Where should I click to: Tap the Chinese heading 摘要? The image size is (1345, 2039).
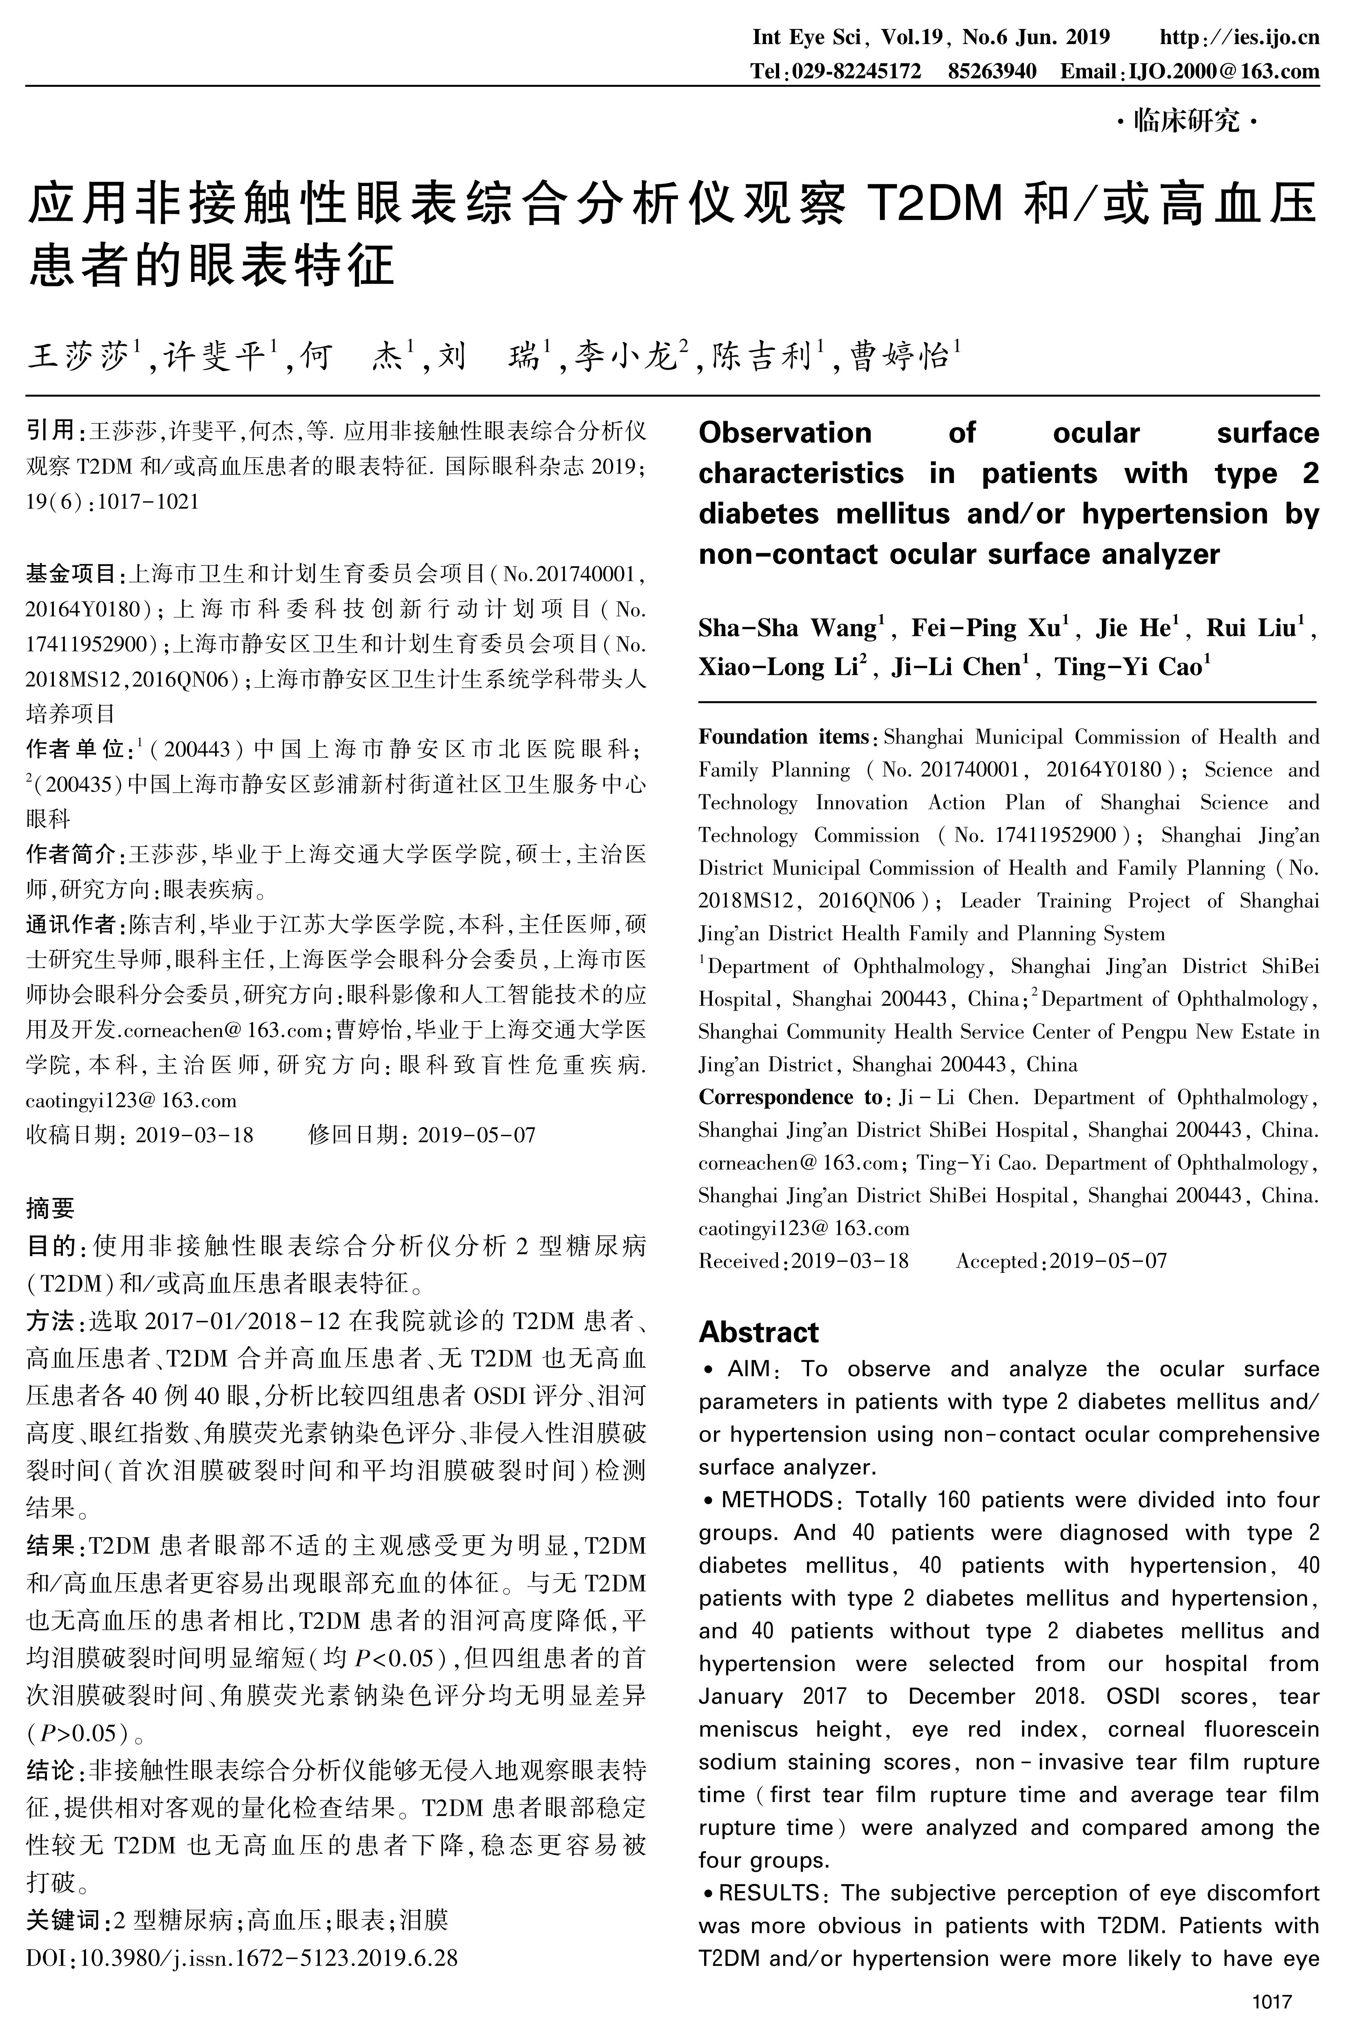pos(51,1208)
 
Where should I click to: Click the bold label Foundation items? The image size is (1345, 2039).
pos(783,737)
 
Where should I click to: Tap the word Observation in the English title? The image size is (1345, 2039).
pos(785,433)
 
